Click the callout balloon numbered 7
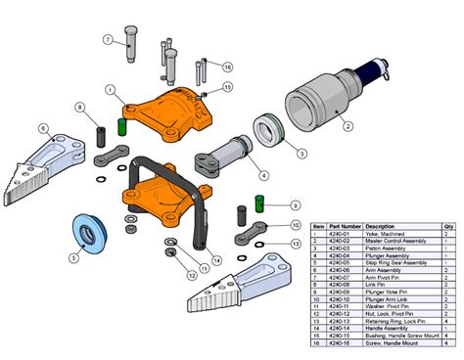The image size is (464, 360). click(109, 39)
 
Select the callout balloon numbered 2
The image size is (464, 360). click(347, 125)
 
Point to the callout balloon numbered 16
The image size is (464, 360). click(228, 67)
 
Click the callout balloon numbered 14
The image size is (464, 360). click(216, 259)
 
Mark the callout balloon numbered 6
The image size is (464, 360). click(44, 128)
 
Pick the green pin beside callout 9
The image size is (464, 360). click(261, 202)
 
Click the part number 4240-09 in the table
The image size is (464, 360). click(344, 291)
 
